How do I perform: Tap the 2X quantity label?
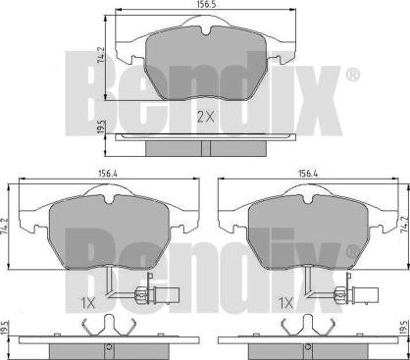click(x=206, y=117)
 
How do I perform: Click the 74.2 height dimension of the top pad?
click(x=101, y=54)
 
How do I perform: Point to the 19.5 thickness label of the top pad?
click(x=102, y=126)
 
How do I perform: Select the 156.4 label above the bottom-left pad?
click(x=108, y=175)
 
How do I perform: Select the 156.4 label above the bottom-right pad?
click(x=307, y=175)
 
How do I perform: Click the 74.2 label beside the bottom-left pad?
click(x=4, y=226)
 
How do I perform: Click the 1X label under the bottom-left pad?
click(x=87, y=304)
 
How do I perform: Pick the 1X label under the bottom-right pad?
click(x=286, y=304)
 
